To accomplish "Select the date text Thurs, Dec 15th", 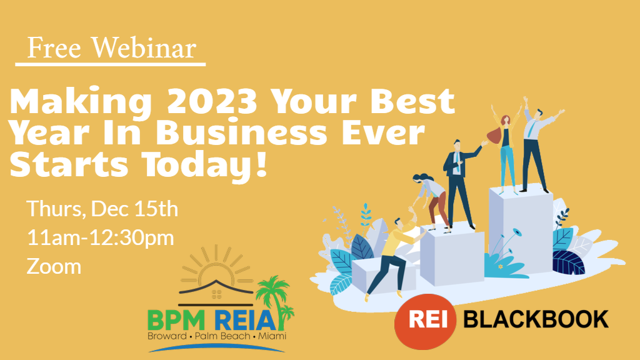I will click(x=102, y=209).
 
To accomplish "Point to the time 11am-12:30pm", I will click(x=100, y=237).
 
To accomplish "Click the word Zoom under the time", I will click(x=54, y=266).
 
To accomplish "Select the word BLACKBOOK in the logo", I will click(x=536, y=319).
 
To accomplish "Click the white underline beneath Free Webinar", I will click(x=111, y=64).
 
